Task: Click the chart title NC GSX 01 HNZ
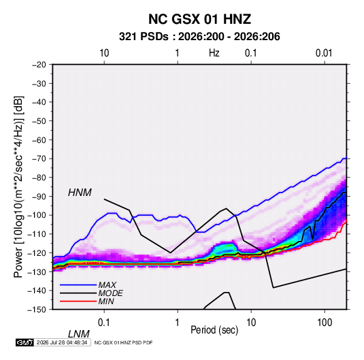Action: point(199,19)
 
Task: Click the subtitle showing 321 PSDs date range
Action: point(199,37)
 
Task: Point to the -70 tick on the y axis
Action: point(39,159)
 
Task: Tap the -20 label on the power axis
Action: point(39,65)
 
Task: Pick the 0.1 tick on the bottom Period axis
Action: point(104,323)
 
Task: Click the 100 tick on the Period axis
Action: point(325,323)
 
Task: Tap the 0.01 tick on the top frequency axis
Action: point(324,53)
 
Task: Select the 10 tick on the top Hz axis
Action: point(104,53)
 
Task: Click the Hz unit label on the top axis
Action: point(214,53)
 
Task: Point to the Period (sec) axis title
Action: point(214,330)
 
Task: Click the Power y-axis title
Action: point(18,186)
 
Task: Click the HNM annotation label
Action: point(80,193)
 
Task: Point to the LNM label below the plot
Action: point(79,334)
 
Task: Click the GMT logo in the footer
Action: point(24,342)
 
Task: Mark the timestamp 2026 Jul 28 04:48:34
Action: point(62,342)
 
